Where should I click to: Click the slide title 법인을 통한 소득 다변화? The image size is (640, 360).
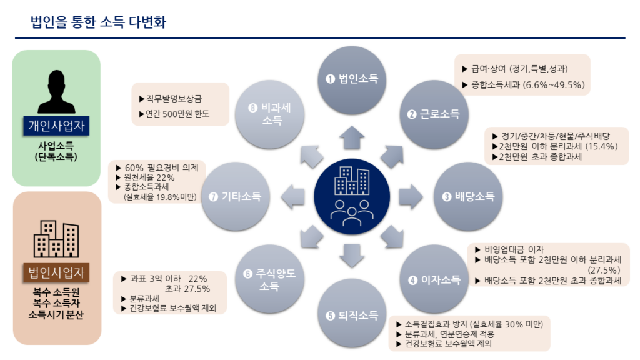(x=98, y=22)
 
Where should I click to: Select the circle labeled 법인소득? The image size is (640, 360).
(x=352, y=79)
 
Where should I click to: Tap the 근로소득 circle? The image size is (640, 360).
(x=434, y=114)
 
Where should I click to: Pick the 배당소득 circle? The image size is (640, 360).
(x=467, y=196)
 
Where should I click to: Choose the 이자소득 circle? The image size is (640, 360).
(x=434, y=279)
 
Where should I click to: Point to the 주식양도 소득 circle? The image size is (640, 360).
(x=270, y=279)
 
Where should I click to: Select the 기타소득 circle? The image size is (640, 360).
(x=236, y=196)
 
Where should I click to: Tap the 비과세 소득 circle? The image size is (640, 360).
(x=270, y=114)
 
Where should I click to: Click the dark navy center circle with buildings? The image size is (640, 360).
(x=352, y=196)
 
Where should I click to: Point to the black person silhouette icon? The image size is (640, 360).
(x=56, y=91)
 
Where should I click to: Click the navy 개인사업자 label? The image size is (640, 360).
(x=56, y=126)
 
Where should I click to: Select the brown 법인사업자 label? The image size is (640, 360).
(x=56, y=272)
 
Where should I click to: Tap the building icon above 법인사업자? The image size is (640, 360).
(x=56, y=239)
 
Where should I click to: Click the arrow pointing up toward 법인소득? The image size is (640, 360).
(x=352, y=137)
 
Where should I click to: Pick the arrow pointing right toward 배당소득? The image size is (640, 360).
(x=411, y=196)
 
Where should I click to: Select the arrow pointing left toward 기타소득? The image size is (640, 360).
(x=293, y=196)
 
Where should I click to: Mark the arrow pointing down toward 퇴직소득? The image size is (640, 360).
(x=352, y=256)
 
